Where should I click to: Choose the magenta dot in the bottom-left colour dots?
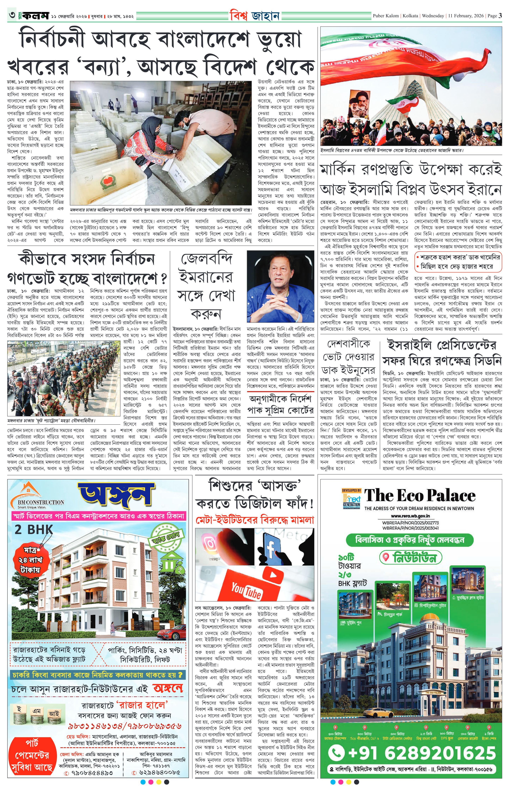point(151,782)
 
